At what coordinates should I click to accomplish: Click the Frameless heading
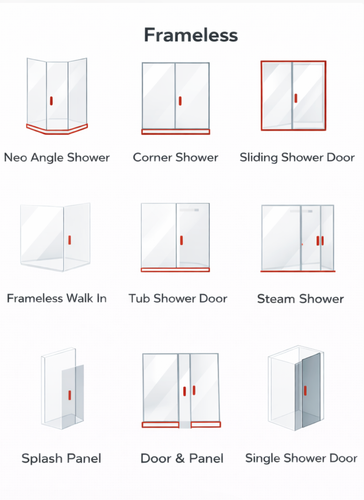(x=191, y=35)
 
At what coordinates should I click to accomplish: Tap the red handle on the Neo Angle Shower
(x=51, y=101)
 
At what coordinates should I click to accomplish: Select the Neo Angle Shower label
(x=57, y=157)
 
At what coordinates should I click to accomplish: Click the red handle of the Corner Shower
(x=180, y=101)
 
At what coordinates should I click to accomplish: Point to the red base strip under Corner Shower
(x=176, y=132)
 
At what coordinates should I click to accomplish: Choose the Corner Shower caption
(x=175, y=157)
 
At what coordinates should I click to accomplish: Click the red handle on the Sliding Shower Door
(x=296, y=98)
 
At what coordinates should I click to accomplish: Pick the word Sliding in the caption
(x=259, y=157)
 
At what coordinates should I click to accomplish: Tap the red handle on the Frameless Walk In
(x=69, y=240)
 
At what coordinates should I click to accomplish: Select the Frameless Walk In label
(x=57, y=298)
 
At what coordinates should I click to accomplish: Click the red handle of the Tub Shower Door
(x=181, y=240)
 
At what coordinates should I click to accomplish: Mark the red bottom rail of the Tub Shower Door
(x=175, y=270)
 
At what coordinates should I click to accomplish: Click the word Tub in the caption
(x=139, y=298)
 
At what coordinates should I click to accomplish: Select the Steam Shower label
(x=300, y=299)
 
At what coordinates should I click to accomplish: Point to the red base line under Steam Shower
(x=298, y=271)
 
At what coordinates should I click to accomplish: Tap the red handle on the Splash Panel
(x=69, y=395)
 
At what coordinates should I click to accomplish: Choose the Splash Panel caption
(x=61, y=458)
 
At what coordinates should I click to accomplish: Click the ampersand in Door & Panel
(x=180, y=458)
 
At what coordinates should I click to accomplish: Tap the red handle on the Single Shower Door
(x=305, y=391)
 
